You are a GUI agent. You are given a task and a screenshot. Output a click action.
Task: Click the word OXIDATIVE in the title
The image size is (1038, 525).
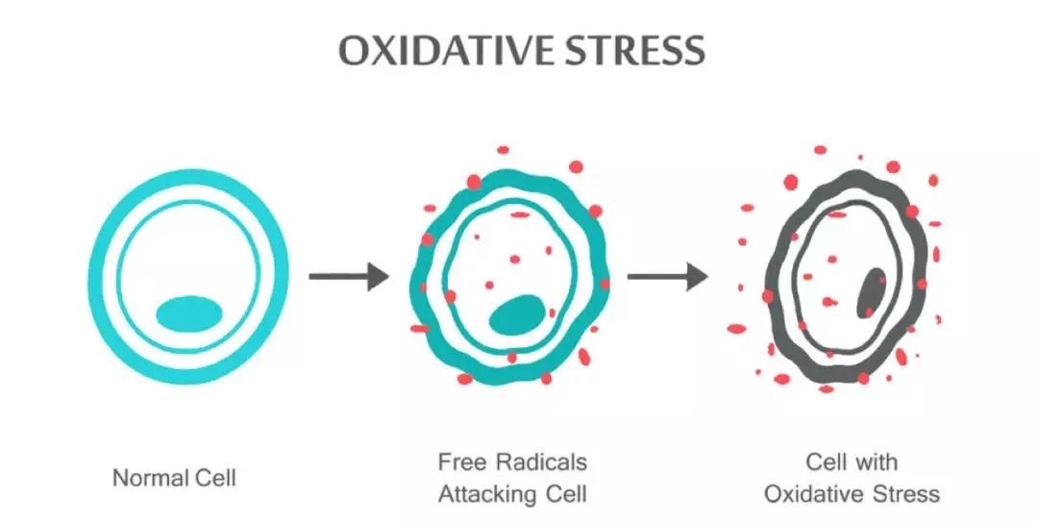[x=443, y=50]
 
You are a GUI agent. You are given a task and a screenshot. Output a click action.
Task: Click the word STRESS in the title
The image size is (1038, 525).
[x=633, y=50]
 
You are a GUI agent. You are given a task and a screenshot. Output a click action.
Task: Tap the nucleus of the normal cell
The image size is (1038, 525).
[x=189, y=313]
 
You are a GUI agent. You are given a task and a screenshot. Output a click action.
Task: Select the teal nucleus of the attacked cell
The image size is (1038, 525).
[x=517, y=314]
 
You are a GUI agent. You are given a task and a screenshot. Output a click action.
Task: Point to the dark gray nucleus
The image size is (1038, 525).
[x=871, y=293]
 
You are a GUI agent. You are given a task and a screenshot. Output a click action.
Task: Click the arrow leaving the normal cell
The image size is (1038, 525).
[x=349, y=276]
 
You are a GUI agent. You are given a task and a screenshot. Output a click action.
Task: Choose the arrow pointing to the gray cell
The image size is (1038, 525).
[x=667, y=276]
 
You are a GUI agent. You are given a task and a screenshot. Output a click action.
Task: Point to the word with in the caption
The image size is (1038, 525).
[x=876, y=462]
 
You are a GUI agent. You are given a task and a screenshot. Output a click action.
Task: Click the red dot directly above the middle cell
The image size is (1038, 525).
[x=503, y=150]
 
